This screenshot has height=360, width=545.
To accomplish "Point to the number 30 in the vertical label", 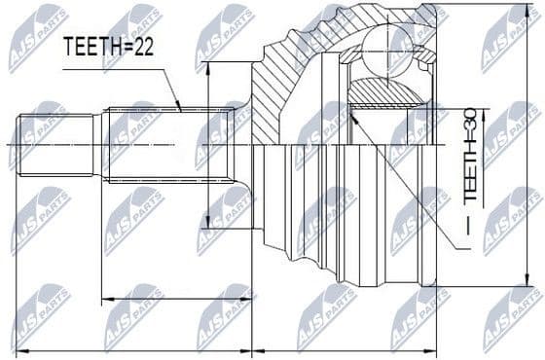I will coord(470,121).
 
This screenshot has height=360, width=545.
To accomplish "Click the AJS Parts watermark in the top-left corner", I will coord(37,37).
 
